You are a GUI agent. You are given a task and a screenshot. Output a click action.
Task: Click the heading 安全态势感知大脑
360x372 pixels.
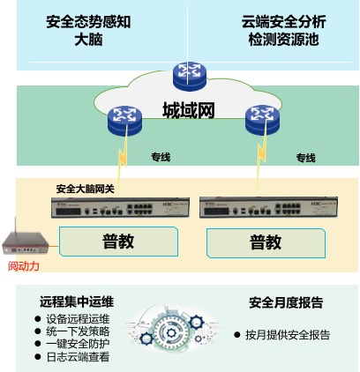(88, 31)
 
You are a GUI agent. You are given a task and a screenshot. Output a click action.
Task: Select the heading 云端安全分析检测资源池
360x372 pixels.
(284, 31)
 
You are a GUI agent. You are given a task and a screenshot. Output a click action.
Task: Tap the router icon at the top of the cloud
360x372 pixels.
(190, 76)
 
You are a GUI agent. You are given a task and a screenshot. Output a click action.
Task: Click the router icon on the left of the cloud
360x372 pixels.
(124, 122)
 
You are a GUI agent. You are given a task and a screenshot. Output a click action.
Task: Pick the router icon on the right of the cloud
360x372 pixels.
(262, 121)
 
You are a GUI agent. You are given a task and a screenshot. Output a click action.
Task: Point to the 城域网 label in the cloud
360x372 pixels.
(189, 110)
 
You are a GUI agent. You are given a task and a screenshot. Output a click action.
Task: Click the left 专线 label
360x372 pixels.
(161, 157)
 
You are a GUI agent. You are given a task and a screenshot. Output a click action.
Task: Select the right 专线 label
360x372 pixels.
(306, 158)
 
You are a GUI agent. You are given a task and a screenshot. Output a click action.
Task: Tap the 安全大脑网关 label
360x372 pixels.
(85, 189)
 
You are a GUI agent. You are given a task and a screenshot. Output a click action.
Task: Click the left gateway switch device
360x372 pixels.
(120, 208)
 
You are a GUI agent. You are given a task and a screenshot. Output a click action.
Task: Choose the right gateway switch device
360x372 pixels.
(268, 207)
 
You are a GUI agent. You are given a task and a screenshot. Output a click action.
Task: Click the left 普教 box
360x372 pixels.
(118, 242)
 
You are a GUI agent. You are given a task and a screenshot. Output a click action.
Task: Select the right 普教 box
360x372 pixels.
(266, 243)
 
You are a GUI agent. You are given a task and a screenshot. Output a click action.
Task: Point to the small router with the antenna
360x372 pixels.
(26, 240)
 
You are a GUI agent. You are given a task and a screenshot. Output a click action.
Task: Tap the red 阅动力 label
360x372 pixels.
(24, 266)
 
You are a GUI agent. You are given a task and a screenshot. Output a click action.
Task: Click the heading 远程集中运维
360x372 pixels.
(77, 301)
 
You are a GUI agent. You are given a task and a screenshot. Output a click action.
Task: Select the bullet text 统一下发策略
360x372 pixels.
(78, 331)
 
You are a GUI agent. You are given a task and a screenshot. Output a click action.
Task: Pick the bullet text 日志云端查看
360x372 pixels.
(78, 357)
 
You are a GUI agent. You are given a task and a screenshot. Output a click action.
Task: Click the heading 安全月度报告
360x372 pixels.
(286, 302)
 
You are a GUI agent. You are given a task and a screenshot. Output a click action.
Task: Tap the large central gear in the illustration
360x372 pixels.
(171, 333)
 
